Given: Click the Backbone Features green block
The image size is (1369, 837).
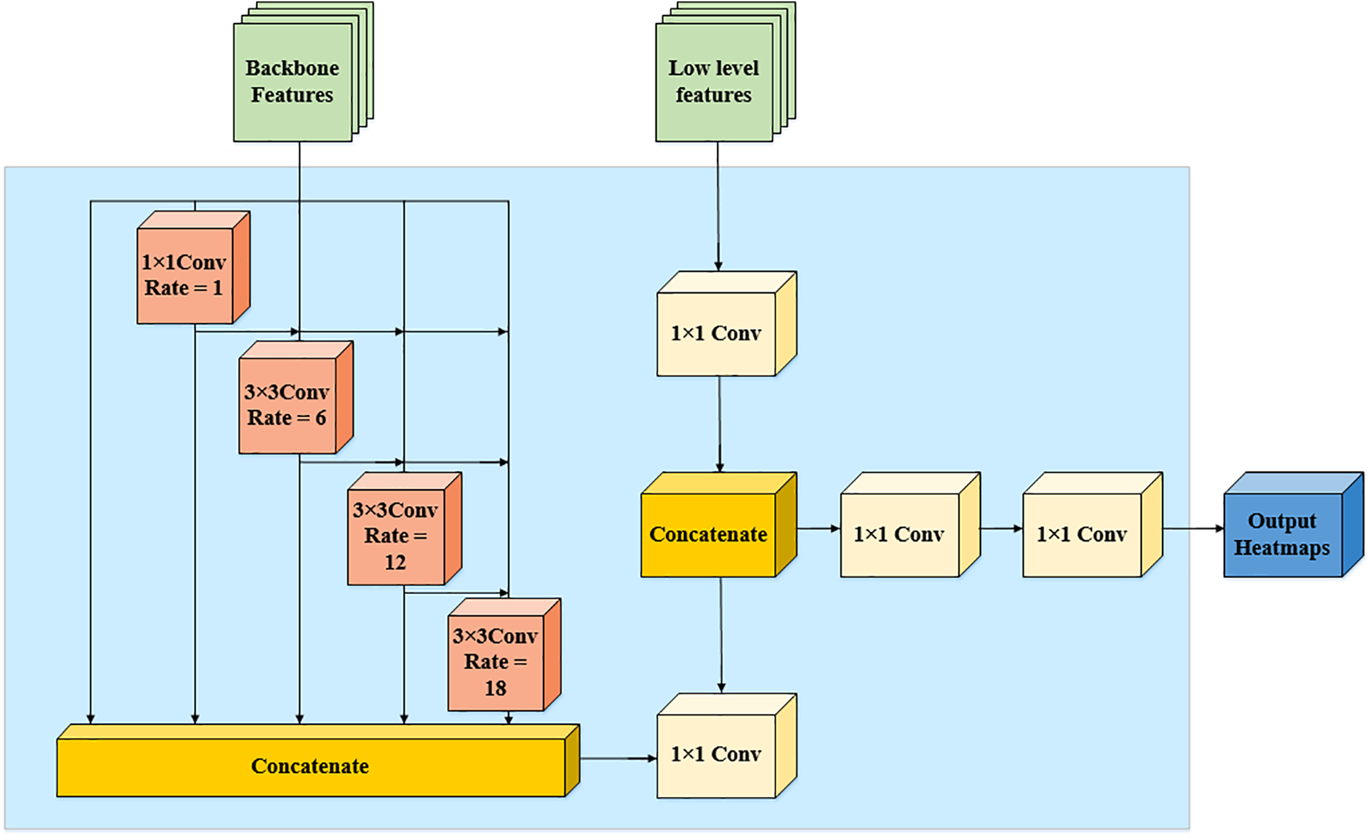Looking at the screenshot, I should [x=292, y=82].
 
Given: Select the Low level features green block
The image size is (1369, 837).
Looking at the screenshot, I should [x=714, y=82].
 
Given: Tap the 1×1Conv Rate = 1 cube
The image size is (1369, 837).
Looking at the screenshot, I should [x=185, y=275].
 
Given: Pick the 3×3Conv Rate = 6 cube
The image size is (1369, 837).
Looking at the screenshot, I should [x=287, y=405].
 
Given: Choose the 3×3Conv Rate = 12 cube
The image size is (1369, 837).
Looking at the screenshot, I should [x=396, y=536].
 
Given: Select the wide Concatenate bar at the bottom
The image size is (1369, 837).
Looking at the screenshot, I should [x=310, y=766].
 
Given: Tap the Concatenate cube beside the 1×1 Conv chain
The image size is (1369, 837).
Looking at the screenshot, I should [x=709, y=534].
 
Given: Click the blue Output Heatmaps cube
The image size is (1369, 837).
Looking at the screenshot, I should [x=1283, y=534].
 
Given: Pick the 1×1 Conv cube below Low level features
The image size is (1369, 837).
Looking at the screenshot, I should [x=716, y=333].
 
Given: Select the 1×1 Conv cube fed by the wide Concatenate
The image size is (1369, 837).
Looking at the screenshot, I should [x=716, y=754].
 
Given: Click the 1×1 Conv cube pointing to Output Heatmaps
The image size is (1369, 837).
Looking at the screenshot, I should [x=1082, y=534].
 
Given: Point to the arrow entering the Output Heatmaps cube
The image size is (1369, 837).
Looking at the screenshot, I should [x=1193, y=529].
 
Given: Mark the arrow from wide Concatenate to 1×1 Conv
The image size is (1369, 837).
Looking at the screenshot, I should [x=618, y=758].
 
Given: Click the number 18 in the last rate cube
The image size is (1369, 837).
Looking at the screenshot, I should [x=496, y=688].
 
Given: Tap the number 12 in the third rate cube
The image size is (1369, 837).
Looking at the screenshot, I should [x=395, y=562].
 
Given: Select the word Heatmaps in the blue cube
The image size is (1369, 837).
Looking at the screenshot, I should [x=1283, y=548].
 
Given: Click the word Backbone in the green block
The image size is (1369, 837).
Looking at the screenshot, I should [x=292, y=68].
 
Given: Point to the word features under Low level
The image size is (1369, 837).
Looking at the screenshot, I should [x=714, y=95].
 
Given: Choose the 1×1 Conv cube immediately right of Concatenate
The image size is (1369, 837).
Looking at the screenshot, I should [x=899, y=534].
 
